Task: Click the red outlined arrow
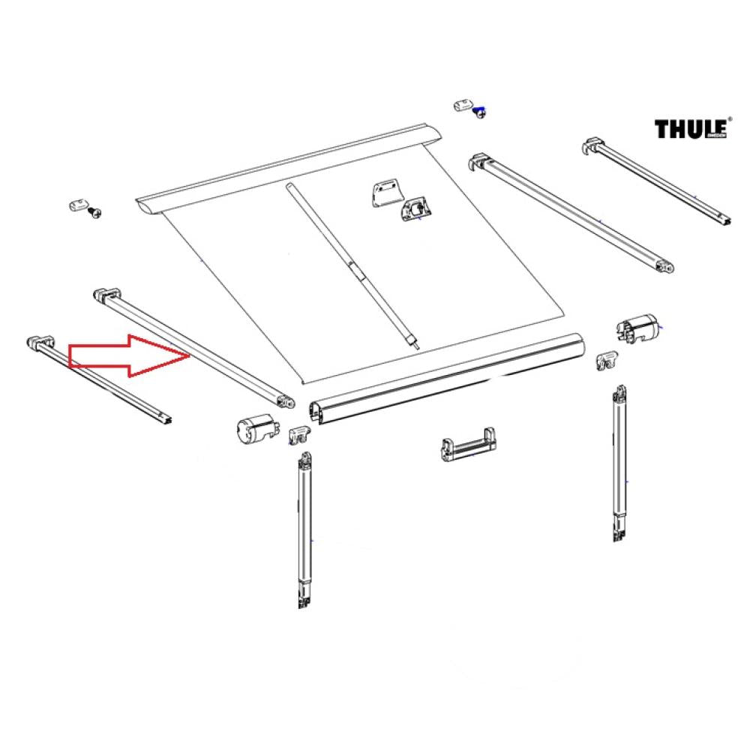(x=127, y=355)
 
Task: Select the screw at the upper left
(x=95, y=213)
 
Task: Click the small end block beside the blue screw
(x=463, y=104)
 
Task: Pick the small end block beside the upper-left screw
(x=76, y=204)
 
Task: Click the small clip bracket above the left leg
(x=298, y=433)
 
